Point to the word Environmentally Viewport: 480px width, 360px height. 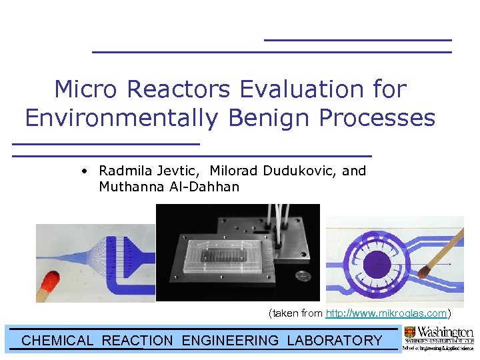click(121, 118)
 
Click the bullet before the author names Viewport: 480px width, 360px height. click(84, 171)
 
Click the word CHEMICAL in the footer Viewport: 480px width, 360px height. click(57, 341)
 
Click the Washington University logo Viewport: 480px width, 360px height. click(439, 338)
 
